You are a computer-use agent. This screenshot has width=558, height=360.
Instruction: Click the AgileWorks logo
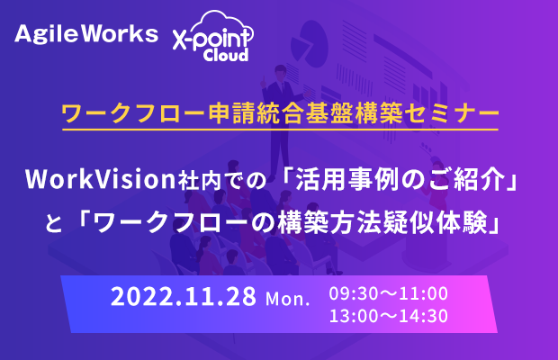point(86,34)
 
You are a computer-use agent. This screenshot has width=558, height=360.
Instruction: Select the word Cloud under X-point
point(226,55)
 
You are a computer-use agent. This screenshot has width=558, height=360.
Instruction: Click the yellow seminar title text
point(281,113)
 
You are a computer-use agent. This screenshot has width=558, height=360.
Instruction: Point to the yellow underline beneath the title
point(281,129)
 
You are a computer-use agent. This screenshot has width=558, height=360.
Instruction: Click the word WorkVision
point(101,179)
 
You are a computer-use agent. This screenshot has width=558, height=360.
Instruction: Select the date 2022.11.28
point(184,296)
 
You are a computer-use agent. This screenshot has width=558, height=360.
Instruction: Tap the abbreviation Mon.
point(287,299)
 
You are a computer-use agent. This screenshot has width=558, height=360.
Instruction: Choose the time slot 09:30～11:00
point(388,293)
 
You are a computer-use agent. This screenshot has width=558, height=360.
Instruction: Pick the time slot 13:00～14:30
point(388,316)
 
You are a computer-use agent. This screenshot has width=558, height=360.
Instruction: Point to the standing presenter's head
point(280,72)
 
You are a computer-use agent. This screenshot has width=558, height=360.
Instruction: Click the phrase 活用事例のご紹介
point(400,179)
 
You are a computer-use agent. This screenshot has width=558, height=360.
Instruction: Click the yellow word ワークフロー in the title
point(134,113)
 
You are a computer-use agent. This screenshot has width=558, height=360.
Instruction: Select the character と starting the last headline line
point(54,224)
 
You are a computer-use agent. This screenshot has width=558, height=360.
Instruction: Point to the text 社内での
point(222,180)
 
